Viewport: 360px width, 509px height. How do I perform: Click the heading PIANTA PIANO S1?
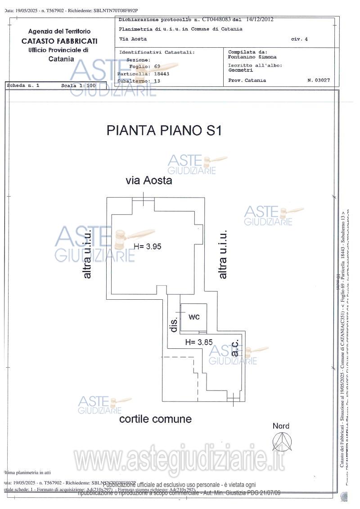[164, 131]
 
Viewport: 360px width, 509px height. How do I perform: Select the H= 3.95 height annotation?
[147, 246]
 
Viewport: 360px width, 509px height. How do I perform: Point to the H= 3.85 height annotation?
[198, 342]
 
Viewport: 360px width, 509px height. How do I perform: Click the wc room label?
[194, 317]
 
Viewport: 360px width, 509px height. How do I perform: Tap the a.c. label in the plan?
[234, 349]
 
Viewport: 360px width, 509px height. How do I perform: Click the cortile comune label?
[155, 419]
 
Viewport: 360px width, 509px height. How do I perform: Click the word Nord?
[281, 426]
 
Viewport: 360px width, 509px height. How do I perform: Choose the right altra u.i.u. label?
[223, 254]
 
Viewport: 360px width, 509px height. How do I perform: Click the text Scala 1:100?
[78, 85]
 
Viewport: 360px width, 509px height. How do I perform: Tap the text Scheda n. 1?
[23, 85]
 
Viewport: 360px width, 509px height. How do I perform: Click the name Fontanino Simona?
[252, 57]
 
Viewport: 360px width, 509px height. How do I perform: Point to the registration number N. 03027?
[319, 81]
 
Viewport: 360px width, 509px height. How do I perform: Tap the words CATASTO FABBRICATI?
[59, 41]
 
